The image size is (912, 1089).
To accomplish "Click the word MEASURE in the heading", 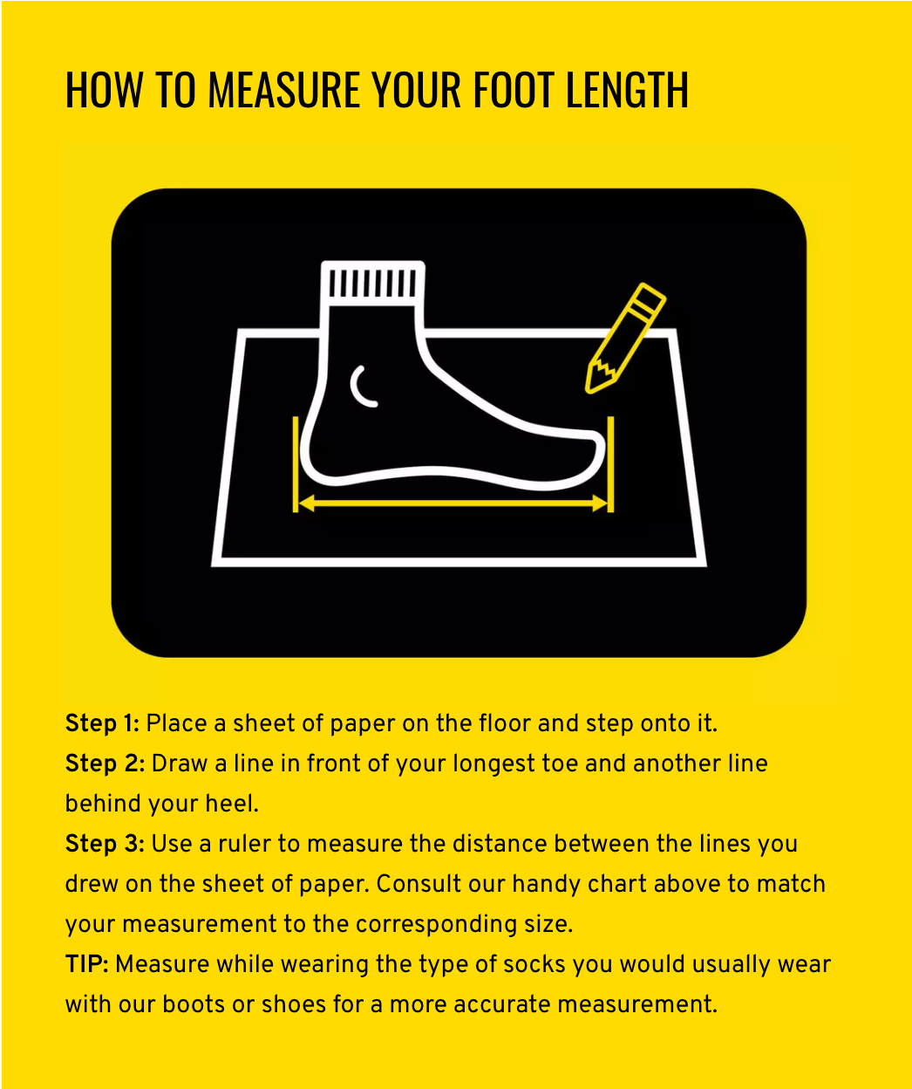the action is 283,90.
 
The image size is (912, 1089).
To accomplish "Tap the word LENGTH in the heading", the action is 627,90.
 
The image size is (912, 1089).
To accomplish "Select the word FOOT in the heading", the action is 514,90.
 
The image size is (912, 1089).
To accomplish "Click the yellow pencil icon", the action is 625,338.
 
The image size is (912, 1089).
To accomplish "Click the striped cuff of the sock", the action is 372,283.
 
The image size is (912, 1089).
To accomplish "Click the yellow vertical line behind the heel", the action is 296,464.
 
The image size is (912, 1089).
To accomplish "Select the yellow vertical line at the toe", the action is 611,464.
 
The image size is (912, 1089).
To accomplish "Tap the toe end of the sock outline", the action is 601,449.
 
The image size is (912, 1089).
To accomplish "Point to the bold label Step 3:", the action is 105,844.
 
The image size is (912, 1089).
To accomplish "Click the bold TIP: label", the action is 86,964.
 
